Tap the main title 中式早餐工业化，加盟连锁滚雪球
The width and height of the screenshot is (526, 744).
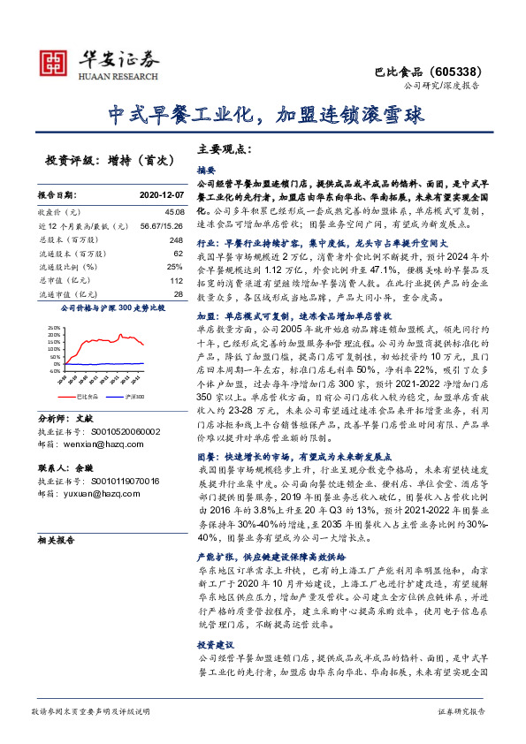coord(262,115)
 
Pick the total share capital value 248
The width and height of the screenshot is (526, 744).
coord(175,239)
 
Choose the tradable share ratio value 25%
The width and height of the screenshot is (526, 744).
coord(174,266)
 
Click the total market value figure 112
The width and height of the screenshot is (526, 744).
coord(175,279)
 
